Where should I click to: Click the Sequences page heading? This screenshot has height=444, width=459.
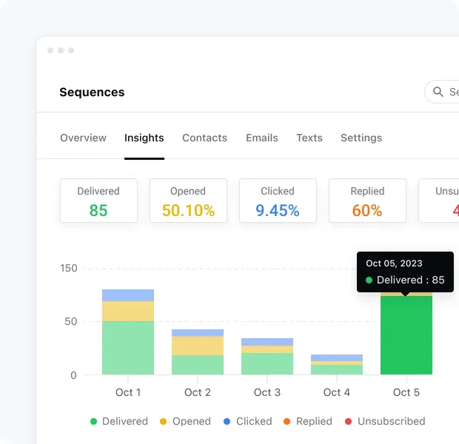pyautogui.click(x=92, y=92)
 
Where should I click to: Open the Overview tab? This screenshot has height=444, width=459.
pyautogui.click(x=83, y=138)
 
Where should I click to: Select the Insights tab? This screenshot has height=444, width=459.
pyautogui.click(x=144, y=138)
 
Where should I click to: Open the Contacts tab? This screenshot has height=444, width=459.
pyautogui.click(x=204, y=138)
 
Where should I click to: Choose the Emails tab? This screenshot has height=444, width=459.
pyautogui.click(x=261, y=138)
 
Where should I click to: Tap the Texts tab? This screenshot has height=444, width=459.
pyautogui.click(x=309, y=138)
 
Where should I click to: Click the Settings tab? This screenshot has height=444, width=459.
pyautogui.click(x=361, y=138)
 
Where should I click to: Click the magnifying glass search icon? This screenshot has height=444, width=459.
pyautogui.click(x=438, y=92)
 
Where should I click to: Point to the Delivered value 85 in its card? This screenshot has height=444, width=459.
pyautogui.click(x=98, y=210)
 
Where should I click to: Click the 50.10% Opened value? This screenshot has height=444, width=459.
pyautogui.click(x=188, y=210)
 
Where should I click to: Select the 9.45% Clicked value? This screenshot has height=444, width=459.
pyautogui.click(x=278, y=210)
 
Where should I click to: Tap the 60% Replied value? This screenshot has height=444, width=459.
pyautogui.click(x=367, y=210)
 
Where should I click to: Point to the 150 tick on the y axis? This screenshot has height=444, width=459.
pyautogui.click(x=68, y=269)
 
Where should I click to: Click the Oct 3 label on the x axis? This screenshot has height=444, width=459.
pyautogui.click(x=267, y=392)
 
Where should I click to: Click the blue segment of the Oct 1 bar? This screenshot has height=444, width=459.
pyautogui.click(x=128, y=295)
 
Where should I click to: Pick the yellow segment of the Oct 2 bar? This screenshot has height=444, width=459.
pyautogui.click(x=198, y=346)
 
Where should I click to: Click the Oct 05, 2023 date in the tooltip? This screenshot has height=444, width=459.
pyautogui.click(x=394, y=263)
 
